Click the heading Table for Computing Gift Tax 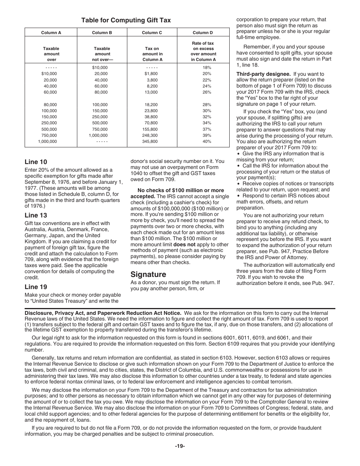pos(126,20)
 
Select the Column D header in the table pos(203,33)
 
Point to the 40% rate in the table pos(207,141)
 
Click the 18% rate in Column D pos(207,68)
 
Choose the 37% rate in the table pos(207,129)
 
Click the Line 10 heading pos(36,162)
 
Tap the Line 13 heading pos(36,215)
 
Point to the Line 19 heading pos(36,287)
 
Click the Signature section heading pos(148,274)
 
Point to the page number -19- pos(180,446)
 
